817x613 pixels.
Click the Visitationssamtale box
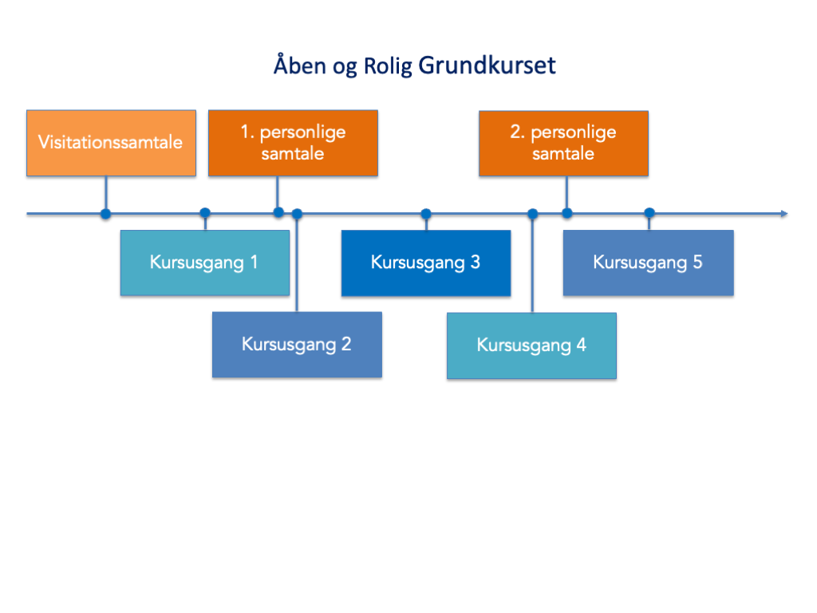(x=111, y=143)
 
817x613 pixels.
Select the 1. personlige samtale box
(x=293, y=143)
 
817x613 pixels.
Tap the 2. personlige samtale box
(x=563, y=143)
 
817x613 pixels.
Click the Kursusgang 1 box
(x=204, y=263)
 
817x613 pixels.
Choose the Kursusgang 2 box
(x=297, y=345)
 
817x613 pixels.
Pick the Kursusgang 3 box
(x=426, y=263)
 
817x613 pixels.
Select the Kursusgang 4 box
(x=531, y=345)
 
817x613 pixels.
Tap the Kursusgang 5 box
(x=648, y=263)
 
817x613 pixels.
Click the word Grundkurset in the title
(x=487, y=65)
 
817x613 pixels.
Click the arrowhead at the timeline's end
(x=783, y=213)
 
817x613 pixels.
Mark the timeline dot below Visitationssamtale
(x=105, y=213)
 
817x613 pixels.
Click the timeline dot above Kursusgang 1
(x=205, y=213)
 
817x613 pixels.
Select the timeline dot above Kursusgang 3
(x=426, y=213)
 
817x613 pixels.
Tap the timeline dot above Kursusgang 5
(x=649, y=213)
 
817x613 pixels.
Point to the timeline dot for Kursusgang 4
(x=533, y=213)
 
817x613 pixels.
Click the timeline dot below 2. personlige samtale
(x=566, y=213)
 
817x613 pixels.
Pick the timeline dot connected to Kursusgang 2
(x=297, y=213)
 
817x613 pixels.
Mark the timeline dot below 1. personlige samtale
(x=278, y=212)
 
